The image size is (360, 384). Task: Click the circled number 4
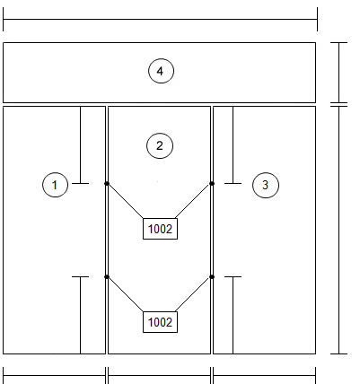(161, 71)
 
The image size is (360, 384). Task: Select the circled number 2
(160, 145)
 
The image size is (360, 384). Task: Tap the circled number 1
(55, 185)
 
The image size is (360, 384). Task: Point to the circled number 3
(266, 185)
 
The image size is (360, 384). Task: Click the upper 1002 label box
(160, 229)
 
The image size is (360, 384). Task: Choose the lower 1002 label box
(160, 322)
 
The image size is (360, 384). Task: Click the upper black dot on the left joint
(107, 183)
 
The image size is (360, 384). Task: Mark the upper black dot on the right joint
(212, 183)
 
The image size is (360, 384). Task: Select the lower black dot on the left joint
(107, 277)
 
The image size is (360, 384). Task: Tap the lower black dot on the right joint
(212, 277)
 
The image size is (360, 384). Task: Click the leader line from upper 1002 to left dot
(125, 201)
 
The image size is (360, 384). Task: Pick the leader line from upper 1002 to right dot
(193, 201)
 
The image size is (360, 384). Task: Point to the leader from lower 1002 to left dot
(125, 294)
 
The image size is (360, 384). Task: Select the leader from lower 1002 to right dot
(193, 294)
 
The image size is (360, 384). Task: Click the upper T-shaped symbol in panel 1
(81, 145)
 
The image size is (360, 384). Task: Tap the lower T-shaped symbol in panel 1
(81, 315)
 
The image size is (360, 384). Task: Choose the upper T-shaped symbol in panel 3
(233, 145)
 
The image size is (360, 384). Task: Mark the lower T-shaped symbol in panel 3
(233, 315)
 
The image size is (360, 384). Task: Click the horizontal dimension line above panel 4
(160, 20)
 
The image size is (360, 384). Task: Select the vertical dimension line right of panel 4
(339, 73)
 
